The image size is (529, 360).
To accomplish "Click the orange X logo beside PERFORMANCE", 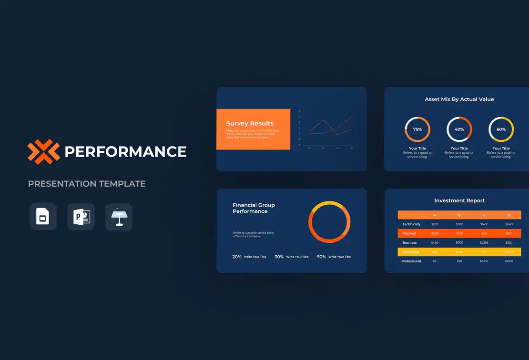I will point(43,151).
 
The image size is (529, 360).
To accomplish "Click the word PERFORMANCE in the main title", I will point(125,152).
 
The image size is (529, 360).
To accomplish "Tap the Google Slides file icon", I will point(43,217).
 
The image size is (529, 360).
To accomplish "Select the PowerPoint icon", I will point(81,217).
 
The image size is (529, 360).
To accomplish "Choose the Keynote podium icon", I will point(119,217).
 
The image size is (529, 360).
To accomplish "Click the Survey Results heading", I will point(250,123).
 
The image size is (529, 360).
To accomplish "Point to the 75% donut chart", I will point(417,129).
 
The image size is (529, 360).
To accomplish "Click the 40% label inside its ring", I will point(459,130).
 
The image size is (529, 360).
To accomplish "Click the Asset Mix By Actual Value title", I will point(459,99).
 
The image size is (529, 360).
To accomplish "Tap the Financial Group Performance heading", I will point(254,208).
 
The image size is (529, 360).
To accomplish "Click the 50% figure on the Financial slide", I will point(321,257).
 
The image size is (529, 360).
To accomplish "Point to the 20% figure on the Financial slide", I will point(237,257).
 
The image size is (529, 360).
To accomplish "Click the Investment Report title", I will point(459,200).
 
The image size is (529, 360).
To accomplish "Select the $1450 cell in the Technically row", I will point(484,224).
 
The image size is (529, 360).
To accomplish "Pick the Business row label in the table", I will point(409,243).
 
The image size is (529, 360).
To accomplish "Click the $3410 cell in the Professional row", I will point(484,261).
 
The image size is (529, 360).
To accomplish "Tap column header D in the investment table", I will point(509,215).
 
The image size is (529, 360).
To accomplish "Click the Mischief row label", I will point(409,234).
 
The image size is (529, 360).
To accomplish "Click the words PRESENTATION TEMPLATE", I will point(87,183).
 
